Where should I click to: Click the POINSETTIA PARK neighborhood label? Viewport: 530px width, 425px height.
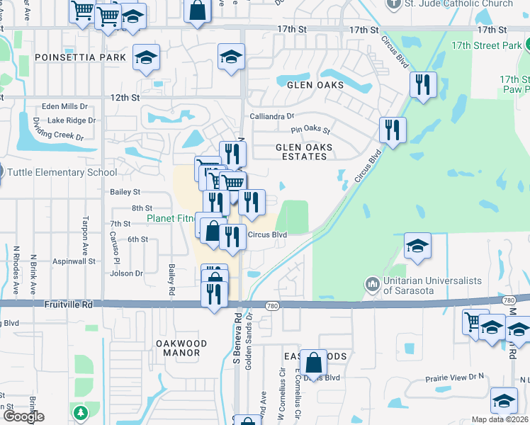pyautogui.click(x=70, y=57)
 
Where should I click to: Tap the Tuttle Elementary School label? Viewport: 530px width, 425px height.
pyautogui.click(x=62, y=172)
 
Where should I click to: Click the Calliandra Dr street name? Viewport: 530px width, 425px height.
pyautogui.click(x=271, y=116)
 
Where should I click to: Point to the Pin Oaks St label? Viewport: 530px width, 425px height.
pyautogui.click(x=311, y=130)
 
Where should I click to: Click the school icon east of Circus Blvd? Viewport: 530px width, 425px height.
pyautogui.click(x=417, y=246)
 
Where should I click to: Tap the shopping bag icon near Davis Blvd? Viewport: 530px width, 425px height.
pyautogui.click(x=313, y=363)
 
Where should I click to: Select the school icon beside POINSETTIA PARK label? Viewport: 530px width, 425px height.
pyautogui.click(x=146, y=58)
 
